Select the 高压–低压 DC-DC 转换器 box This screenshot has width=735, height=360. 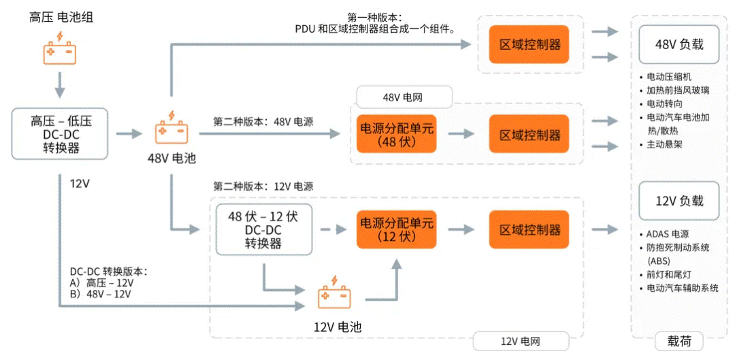[61, 133]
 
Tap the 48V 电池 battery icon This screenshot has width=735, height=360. [171, 129]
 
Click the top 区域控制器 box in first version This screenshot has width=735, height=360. [529, 45]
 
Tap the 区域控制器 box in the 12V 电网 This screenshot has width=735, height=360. [529, 229]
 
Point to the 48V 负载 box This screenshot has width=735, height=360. [679, 45]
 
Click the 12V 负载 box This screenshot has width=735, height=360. [679, 201]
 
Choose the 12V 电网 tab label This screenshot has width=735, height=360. [521, 341]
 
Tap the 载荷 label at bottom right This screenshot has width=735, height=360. [679, 341]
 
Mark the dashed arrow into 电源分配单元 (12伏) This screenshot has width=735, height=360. [333, 229]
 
